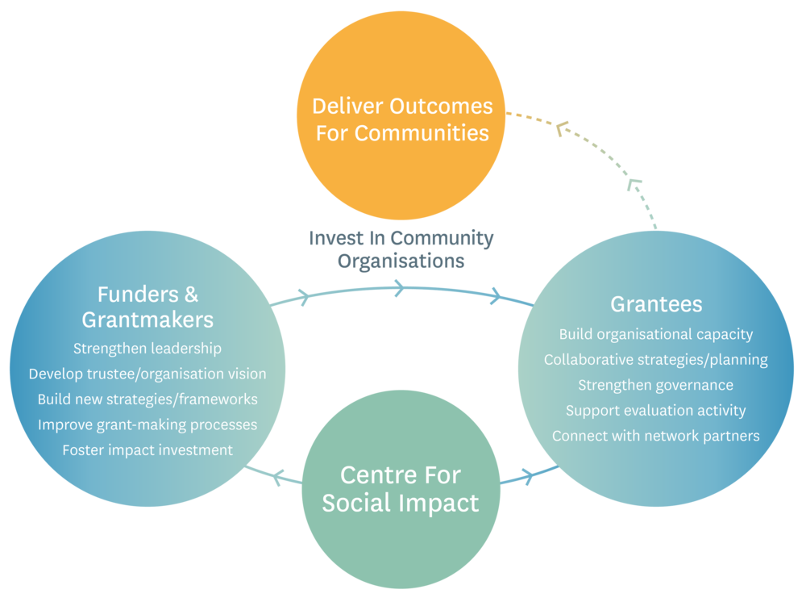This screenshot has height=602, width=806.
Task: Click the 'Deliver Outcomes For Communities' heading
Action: [x=401, y=119]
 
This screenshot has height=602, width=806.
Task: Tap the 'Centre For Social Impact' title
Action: [x=400, y=488]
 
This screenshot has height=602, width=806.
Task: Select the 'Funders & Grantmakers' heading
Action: [x=147, y=306]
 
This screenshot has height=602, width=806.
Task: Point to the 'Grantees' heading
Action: [x=656, y=303]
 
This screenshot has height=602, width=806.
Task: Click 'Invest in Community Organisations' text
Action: [x=401, y=249]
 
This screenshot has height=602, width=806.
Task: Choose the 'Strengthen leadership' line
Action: [x=147, y=349]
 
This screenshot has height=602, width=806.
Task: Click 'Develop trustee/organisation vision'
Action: [x=147, y=374]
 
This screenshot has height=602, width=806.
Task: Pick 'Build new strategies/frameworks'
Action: [x=147, y=399]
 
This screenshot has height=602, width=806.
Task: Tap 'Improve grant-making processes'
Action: [x=147, y=424]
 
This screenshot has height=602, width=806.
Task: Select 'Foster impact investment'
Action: [x=147, y=449]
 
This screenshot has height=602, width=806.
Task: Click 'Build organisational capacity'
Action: [x=656, y=334]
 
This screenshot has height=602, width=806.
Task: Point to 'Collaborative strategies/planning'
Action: [x=656, y=360]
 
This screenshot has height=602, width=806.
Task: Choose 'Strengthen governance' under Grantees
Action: [x=656, y=385]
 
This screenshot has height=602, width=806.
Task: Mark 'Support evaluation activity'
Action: [x=656, y=410]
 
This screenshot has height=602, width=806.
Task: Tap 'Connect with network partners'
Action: [x=656, y=436]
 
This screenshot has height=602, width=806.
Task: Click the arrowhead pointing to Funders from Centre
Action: [x=273, y=478]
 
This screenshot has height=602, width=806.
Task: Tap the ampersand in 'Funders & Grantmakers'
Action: [x=190, y=294]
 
